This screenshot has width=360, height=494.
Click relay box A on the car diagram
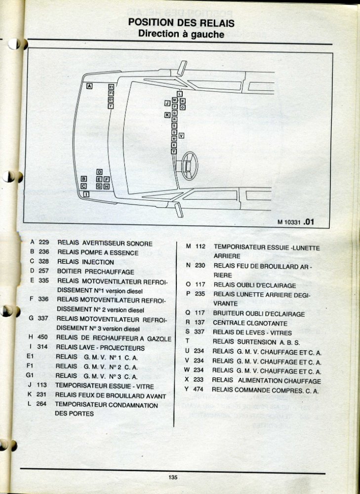89,86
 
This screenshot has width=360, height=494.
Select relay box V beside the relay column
181,135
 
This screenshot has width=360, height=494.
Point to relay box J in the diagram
167,103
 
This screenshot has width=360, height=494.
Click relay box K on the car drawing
167,115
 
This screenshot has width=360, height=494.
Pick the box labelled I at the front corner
87,194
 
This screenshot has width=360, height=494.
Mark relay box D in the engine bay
99,172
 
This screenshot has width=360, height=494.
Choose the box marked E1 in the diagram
111,86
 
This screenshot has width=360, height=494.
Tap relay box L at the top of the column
180,93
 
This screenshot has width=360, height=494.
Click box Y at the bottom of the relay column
174,152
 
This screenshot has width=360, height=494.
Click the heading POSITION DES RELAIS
181,23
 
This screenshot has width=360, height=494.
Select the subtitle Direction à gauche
181,34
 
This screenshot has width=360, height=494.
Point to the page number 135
172,477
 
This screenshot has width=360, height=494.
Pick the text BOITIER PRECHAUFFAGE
95,272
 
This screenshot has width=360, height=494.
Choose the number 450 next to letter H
43,338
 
